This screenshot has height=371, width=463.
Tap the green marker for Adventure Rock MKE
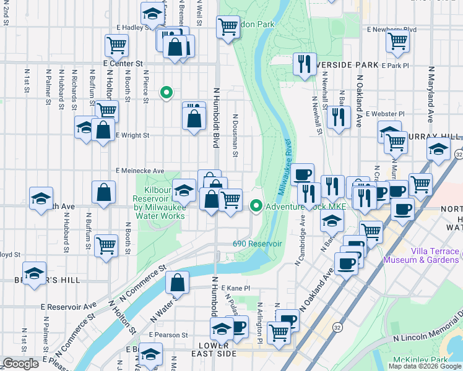256,205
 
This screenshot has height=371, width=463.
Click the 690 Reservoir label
257,244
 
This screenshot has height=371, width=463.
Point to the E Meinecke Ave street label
139,171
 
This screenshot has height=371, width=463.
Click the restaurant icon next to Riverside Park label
304,64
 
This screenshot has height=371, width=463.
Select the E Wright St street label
132,135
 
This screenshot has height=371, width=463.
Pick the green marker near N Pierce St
166,93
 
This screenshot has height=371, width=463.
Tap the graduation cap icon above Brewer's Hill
35,272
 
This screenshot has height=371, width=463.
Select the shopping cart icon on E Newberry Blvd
397,41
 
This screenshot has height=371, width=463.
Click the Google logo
20,364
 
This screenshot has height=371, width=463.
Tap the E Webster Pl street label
384,114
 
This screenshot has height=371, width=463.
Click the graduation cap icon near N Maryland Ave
438,150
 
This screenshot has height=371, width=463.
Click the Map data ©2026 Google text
425,366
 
